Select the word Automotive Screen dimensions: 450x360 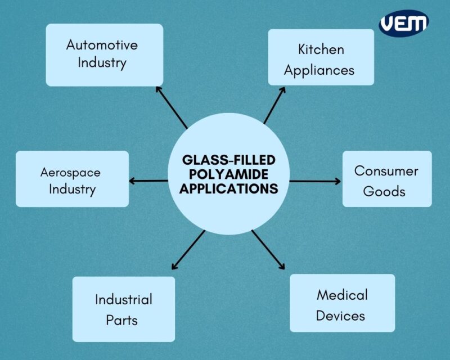(102, 44)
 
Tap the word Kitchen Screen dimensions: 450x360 (321, 49)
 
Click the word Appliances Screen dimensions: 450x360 (319, 70)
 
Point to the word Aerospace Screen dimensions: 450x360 (70, 172)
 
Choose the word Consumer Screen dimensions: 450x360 (386, 170)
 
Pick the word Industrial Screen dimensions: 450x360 (123, 299)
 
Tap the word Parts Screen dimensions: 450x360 (122, 320)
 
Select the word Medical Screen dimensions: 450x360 (342, 295)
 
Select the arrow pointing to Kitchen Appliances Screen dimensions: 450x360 (275, 105)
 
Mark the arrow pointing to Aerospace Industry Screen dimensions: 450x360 (149, 181)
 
